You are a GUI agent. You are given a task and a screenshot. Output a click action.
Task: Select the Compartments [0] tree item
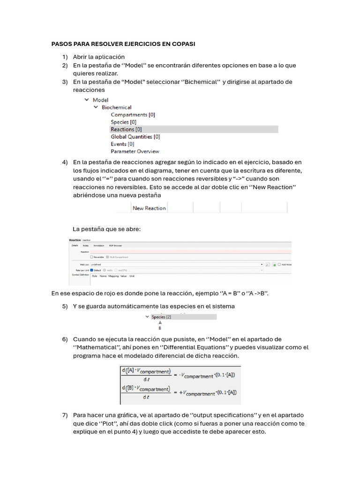click(x=133, y=114)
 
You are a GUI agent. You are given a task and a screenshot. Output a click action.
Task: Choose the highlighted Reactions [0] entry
click(x=126, y=129)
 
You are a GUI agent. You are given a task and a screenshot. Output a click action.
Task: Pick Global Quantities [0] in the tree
click(x=135, y=137)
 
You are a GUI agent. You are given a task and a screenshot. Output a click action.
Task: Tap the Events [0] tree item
click(x=122, y=144)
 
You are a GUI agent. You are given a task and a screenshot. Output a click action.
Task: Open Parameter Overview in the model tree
click(x=135, y=151)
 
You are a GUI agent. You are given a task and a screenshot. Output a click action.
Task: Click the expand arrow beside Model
click(x=87, y=100)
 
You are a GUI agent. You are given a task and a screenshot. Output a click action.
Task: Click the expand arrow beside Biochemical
click(x=96, y=107)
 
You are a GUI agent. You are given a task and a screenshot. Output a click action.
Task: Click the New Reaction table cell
click(x=149, y=208)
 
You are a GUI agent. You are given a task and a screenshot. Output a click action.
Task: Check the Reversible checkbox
click(x=91, y=257)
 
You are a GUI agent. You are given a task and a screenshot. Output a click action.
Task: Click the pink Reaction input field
click(x=187, y=252)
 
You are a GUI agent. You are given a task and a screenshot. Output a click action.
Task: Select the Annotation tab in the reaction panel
click(x=99, y=245)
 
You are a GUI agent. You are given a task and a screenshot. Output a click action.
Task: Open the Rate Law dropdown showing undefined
click(x=176, y=264)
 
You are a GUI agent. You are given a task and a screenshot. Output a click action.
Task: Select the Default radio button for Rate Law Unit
click(x=91, y=270)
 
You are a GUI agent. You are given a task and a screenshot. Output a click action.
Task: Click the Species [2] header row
click(x=161, y=317)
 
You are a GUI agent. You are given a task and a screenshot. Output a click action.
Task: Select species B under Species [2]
click(x=160, y=328)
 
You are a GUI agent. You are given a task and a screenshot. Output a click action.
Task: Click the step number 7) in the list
click(x=65, y=415)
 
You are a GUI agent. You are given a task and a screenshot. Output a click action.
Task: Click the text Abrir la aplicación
click(x=98, y=57)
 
